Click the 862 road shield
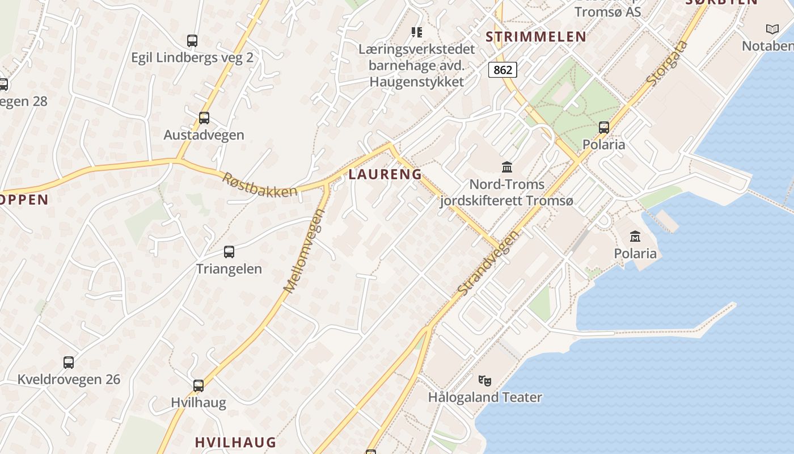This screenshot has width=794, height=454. (502, 70)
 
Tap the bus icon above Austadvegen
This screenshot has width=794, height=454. (204, 118)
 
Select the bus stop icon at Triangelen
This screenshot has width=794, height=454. (229, 252)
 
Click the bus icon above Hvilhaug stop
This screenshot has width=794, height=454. (198, 386)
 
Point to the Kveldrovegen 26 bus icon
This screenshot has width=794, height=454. (69, 362)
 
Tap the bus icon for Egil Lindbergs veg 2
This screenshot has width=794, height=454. (192, 41)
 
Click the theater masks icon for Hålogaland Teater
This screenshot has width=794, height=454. (484, 380)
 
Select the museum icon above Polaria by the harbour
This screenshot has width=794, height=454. (635, 236)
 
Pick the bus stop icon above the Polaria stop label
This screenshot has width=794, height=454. (604, 128)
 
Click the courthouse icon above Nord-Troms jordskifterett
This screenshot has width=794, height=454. (507, 167)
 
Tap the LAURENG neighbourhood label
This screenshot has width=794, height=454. (385, 174)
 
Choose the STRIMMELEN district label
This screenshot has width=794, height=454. (536, 37)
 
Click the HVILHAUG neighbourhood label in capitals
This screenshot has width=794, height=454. (235, 442)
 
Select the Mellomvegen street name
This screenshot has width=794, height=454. (305, 251)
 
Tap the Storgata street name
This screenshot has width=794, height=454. (667, 64)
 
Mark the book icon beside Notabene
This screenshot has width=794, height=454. (772, 29)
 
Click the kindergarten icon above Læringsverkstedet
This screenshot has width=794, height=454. (417, 32)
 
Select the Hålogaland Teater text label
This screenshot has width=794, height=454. (485, 397)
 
